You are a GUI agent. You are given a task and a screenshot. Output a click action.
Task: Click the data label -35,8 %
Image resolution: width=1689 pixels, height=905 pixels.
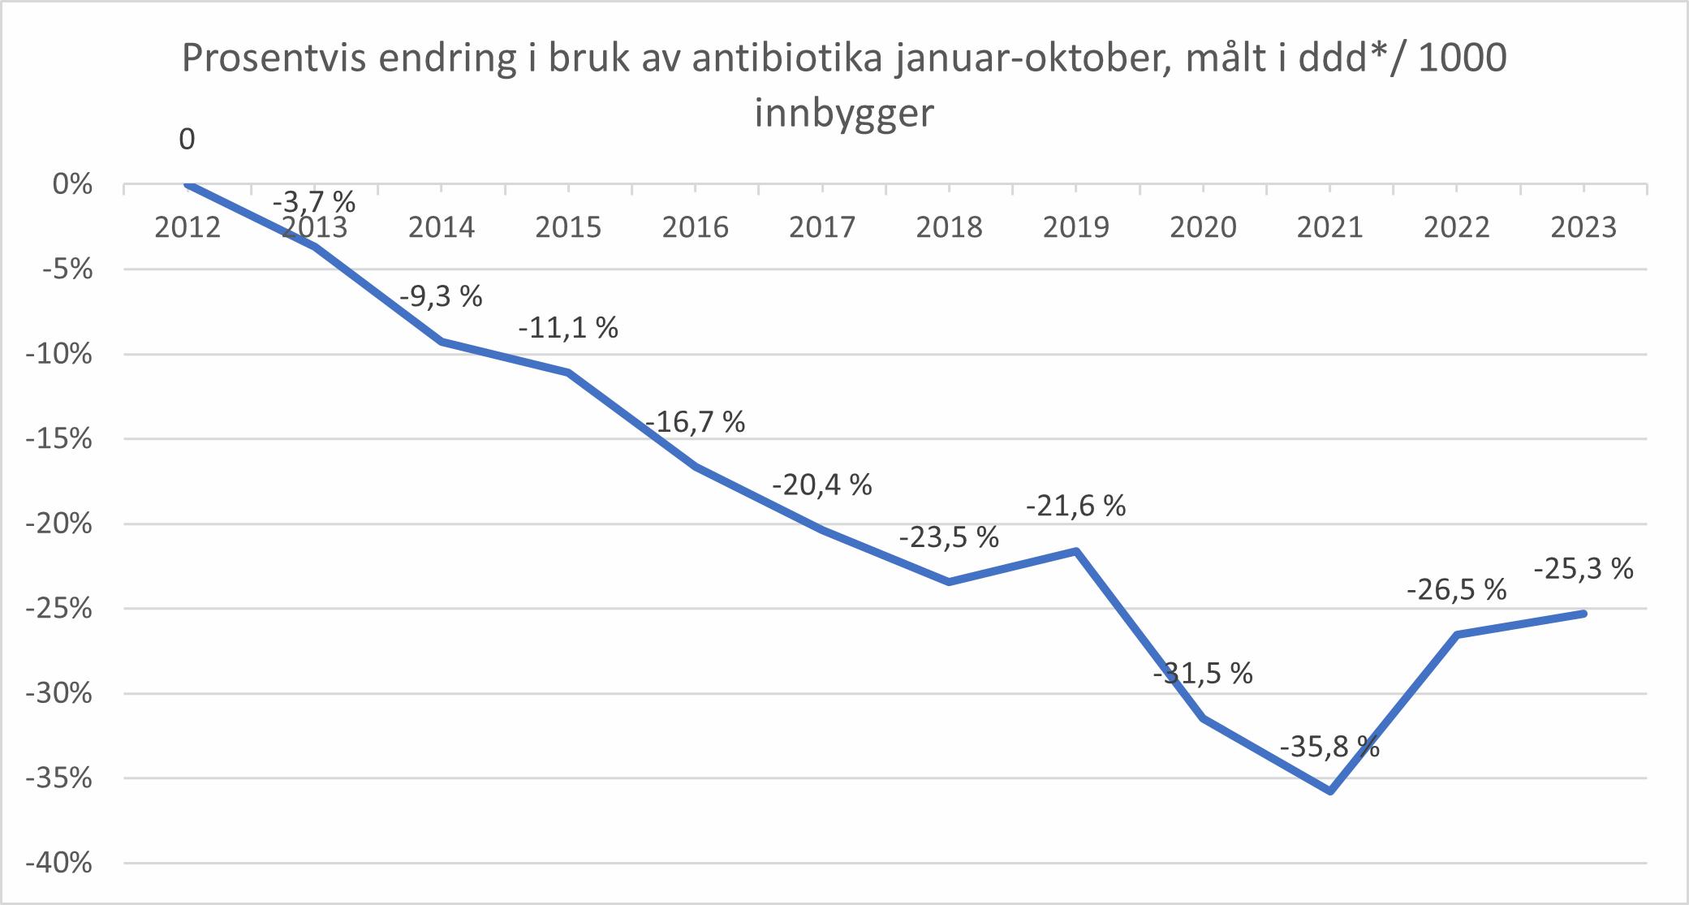click(x=1329, y=746)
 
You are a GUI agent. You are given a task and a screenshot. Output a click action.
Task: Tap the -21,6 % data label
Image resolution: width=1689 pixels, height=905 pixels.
click(x=1075, y=506)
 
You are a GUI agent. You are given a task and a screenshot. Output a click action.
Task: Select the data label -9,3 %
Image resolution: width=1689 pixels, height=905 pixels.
click(x=441, y=296)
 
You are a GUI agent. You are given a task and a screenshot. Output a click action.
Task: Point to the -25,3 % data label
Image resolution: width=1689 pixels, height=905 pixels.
click(x=1583, y=569)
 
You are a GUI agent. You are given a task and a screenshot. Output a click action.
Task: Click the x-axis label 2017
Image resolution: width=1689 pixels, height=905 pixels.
click(x=822, y=227)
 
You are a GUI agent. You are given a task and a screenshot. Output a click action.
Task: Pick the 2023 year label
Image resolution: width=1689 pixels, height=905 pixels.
click(x=1583, y=227)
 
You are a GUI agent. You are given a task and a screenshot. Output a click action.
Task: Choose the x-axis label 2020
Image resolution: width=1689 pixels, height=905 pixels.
click(x=1203, y=227)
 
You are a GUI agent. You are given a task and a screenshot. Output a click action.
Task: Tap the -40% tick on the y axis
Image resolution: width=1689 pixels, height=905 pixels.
click(x=58, y=864)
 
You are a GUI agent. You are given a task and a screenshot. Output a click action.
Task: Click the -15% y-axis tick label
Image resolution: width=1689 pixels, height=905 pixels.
click(x=58, y=439)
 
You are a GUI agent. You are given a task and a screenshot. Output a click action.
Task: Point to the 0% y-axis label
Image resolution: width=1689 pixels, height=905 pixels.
click(x=72, y=185)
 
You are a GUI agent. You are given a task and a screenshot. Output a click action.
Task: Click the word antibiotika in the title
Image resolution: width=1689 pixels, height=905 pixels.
click(x=786, y=58)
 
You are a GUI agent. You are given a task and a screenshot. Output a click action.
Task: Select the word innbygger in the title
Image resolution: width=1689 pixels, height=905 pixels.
click(x=844, y=113)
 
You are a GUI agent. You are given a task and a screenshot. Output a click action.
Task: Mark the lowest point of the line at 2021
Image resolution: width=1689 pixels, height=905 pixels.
click(x=1330, y=791)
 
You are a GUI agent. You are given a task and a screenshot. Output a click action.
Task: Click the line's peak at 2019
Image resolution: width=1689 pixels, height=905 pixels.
click(x=1076, y=551)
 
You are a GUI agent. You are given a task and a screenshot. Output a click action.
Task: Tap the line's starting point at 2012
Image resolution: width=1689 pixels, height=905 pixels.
click(x=187, y=184)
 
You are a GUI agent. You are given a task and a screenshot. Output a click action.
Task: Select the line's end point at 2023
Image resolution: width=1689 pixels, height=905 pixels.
click(x=1584, y=613)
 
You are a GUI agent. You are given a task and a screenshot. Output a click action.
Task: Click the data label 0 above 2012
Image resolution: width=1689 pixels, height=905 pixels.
click(x=187, y=140)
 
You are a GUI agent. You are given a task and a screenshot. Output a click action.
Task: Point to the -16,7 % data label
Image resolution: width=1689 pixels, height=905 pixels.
click(x=696, y=422)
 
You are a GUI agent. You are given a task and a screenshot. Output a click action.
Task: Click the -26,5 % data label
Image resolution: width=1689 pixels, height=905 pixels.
click(x=1456, y=589)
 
